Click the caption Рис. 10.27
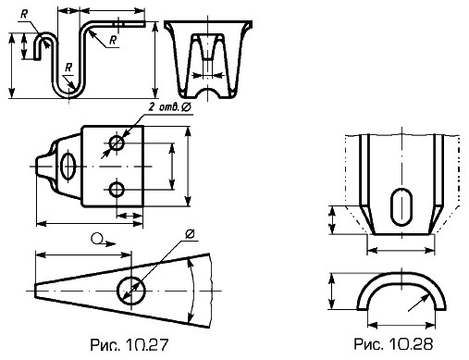tap(130, 344)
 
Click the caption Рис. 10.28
tap(393, 343)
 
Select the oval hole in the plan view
tap(68, 166)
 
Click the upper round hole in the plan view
tap(117, 143)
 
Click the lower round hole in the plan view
tap(117, 189)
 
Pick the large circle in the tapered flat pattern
tap(131, 290)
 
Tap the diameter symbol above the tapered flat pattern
tap(190, 234)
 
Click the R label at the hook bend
tap(24, 14)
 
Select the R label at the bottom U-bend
tap(68, 68)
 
